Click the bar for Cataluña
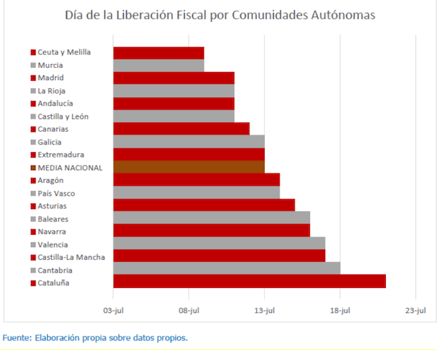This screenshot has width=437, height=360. pos(249,281)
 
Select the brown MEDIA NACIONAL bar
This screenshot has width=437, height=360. pos(188,167)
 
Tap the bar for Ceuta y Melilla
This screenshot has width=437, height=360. pos(158,52)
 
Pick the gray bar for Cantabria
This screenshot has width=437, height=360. pos(226,268)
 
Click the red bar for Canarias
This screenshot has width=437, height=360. pos(181,129)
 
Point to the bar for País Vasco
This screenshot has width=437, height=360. pos(196,192)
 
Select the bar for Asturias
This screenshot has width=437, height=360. pos(204,205)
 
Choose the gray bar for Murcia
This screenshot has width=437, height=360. pos(158,65)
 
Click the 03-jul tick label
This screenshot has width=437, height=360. pos(113,310)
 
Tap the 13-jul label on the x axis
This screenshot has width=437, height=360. pos(264,310)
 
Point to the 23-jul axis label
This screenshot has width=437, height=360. pos(415,310)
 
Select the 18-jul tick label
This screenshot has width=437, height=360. pos(340,310)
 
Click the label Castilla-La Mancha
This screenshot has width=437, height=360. pos(71,257)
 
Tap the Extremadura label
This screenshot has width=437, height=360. pos(61,155)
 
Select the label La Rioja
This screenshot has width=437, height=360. pos(52,91)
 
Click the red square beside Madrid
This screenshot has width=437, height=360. pos(33,78)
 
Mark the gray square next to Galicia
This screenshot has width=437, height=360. pos(33,142)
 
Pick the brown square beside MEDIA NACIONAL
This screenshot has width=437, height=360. pos(33,168)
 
